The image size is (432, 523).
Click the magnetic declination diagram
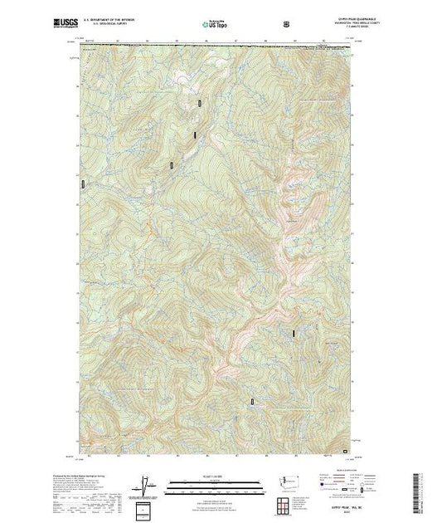(145, 485)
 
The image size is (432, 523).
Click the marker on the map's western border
(82, 183)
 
